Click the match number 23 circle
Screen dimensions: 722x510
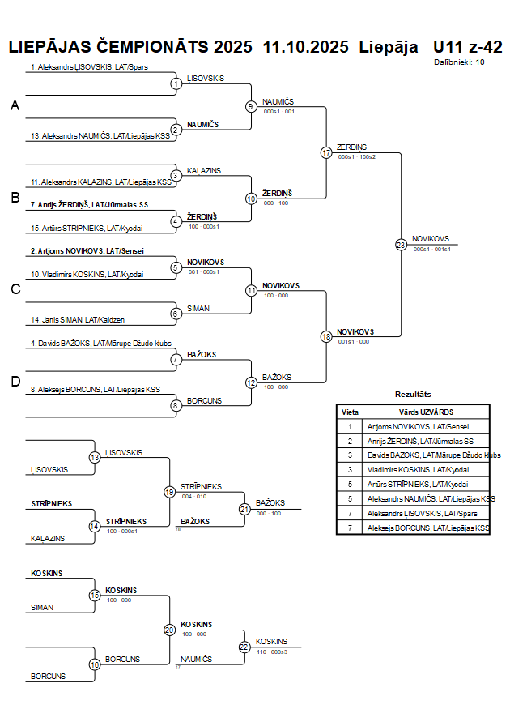[x=401, y=244]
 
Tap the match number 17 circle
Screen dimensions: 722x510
[x=326, y=152]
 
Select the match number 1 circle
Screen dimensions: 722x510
[x=176, y=83]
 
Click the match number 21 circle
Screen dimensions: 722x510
[x=244, y=509]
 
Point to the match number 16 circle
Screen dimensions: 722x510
[x=94, y=664]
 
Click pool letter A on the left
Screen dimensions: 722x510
[x=14, y=106]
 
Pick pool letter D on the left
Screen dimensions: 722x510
[x=14, y=382]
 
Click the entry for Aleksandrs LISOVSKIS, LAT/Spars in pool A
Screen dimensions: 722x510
[x=89, y=68]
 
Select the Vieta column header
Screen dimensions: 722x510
[x=350, y=412]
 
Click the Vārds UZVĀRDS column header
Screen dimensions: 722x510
[x=426, y=412]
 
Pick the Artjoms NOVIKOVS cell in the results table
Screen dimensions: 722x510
[x=418, y=426]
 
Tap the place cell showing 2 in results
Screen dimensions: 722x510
[x=350, y=441]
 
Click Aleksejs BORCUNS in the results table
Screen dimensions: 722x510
[x=428, y=528]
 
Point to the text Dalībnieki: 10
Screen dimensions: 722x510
[x=459, y=62]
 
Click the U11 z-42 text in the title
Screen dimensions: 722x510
[x=467, y=46]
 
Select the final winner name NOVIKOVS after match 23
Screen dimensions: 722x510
[x=430, y=238]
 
